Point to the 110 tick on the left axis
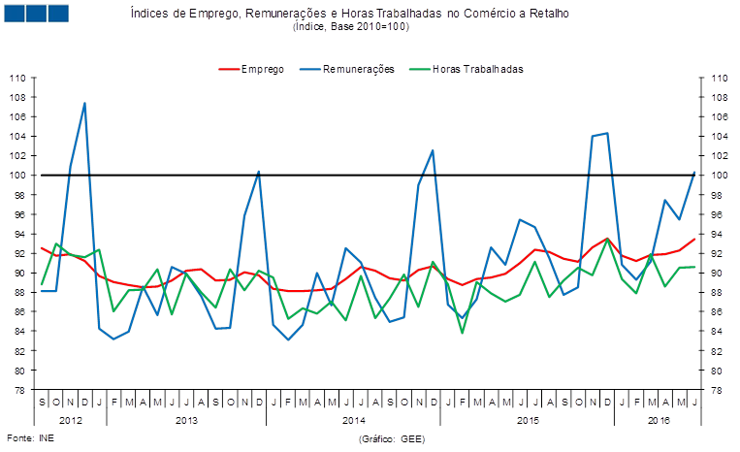[x=18, y=78]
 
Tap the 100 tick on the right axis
[x=719, y=176]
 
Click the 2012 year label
[x=70, y=420]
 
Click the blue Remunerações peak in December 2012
[x=85, y=103]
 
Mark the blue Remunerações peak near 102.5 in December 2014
[x=433, y=150]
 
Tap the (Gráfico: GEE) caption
[x=392, y=439]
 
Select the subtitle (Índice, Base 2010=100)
[x=350, y=27]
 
